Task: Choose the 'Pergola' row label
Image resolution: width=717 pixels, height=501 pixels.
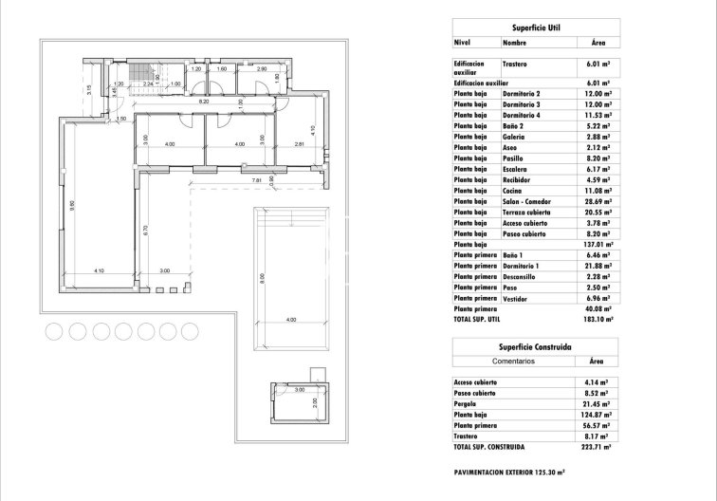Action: [x=468, y=404]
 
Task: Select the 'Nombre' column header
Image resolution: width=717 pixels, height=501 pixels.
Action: [x=514, y=43]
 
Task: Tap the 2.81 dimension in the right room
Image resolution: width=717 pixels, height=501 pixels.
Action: [x=298, y=144]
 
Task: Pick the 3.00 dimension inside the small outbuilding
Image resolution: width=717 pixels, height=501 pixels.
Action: [x=298, y=389]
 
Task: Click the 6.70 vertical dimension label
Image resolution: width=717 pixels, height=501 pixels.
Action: [x=143, y=229]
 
